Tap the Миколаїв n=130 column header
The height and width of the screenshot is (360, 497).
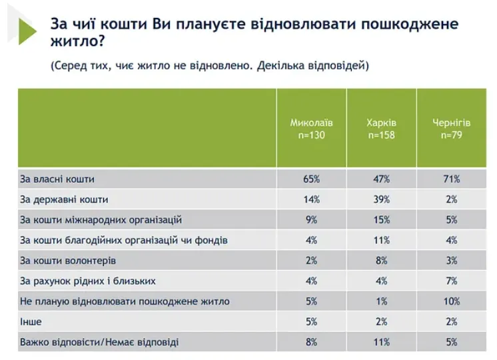click(x=311, y=129)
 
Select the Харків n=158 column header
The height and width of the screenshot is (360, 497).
click(x=381, y=129)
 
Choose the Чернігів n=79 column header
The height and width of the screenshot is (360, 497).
click(x=452, y=129)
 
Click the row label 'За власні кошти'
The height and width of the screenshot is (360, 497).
click(x=57, y=179)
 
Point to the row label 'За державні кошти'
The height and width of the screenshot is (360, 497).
click(x=64, y=199)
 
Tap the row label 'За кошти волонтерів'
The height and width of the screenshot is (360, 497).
click(x=69, y=260)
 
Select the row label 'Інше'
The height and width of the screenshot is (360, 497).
click(x=31, y=321)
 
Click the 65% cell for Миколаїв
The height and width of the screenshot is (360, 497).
click(x=311, y=179)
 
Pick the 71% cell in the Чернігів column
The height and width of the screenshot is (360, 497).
click(x=452, y=179)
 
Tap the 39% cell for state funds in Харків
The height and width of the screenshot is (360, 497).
click(x=381, y=199)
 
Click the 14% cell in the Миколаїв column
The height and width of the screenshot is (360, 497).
click(x=311, y=199)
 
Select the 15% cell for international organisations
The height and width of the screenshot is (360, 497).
click(x=381, y=219)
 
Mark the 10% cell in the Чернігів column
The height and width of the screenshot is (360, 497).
click(x=452, y=301)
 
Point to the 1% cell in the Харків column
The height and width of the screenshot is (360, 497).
click(x=381, y=301)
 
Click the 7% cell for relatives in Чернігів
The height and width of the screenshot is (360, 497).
click(x=452, y=281)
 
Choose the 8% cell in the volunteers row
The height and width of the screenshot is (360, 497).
click(x=381, y=260)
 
